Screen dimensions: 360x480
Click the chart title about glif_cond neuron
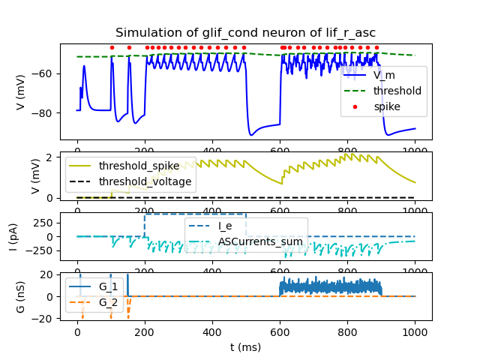(x=245, y=33)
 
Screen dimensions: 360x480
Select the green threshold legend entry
(x=397, y=91)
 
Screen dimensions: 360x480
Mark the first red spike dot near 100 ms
(x=112, y=47)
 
